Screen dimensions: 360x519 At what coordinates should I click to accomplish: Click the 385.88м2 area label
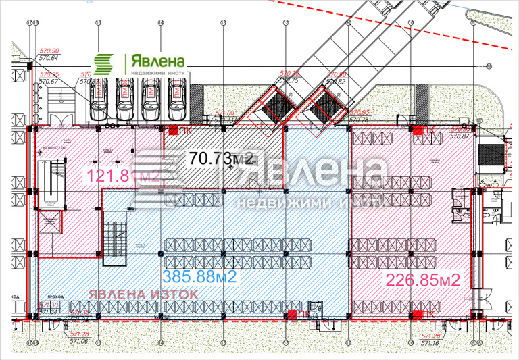coord(198,276)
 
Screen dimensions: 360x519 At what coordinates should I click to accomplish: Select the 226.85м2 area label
coord(422,280)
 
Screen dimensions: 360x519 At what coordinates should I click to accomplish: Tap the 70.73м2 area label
coord(222,159)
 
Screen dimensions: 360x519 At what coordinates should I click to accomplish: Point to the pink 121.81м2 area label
coord(121,178)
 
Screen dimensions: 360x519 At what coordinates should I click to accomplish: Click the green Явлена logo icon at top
coord(104,65)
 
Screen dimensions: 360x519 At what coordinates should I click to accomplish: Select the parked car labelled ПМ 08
coord(99,95)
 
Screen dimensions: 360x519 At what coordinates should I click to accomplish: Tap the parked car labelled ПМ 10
coord(150,95)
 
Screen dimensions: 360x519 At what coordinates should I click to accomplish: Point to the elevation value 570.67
coord(49,82)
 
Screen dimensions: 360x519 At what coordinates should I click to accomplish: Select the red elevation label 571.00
coord(224,113)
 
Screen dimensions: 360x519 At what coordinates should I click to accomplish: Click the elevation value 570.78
coord(358,120)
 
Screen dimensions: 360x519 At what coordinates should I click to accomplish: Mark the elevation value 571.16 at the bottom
coord(430,344)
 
